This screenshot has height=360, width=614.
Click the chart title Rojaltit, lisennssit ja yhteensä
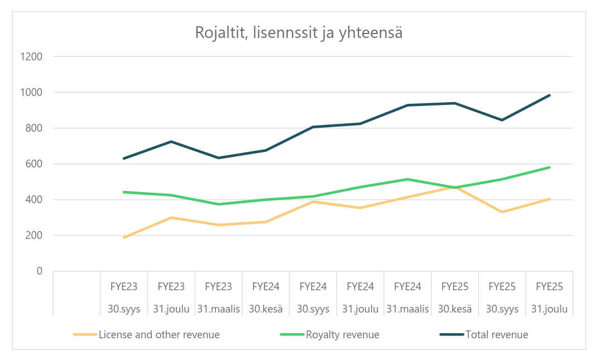click(299, 32)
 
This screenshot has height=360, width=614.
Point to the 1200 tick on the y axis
click(32, 56)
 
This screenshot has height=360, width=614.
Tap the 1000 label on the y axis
click(32, 92)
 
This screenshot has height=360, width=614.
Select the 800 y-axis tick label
click(34, 128)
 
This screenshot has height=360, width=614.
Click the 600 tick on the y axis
click(34, 164)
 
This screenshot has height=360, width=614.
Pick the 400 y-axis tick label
click(34, 199)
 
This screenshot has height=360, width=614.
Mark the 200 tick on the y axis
click(34, 235)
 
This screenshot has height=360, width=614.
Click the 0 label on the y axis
click(39, 271)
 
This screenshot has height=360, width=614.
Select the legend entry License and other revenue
click(159, 335)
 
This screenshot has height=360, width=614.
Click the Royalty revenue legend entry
click(342, 335)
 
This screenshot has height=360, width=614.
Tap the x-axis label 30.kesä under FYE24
click(266, 309)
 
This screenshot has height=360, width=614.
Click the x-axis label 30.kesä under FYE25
click(455, 309)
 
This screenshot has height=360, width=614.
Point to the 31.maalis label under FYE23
click(218, 309)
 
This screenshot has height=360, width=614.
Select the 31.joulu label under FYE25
click(549, 309)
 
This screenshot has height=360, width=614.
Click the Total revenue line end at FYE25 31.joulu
click(549, 95)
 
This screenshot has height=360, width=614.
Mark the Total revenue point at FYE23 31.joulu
click(171, 141)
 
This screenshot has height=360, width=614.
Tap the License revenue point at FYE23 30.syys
click(124, 238)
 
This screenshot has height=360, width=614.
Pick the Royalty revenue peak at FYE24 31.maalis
click(407, 179)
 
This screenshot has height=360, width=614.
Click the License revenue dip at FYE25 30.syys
click(502, 212)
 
